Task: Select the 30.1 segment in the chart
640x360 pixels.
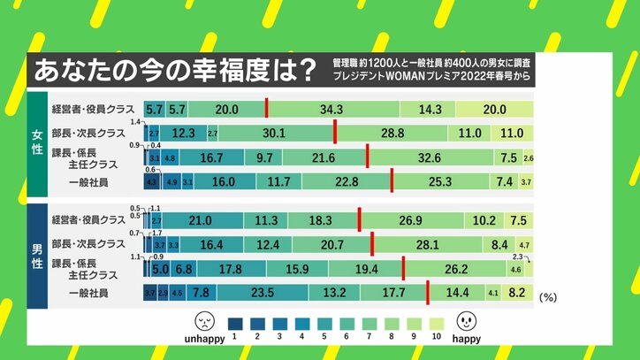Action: coord(274,133)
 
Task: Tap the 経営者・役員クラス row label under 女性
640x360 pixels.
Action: coord(92,109)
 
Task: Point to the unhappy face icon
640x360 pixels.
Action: coord(205,319)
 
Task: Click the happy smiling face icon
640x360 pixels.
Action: coord(467,319)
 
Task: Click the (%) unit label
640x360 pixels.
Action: coord(548,298)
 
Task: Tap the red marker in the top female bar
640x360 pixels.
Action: coord(266,109)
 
